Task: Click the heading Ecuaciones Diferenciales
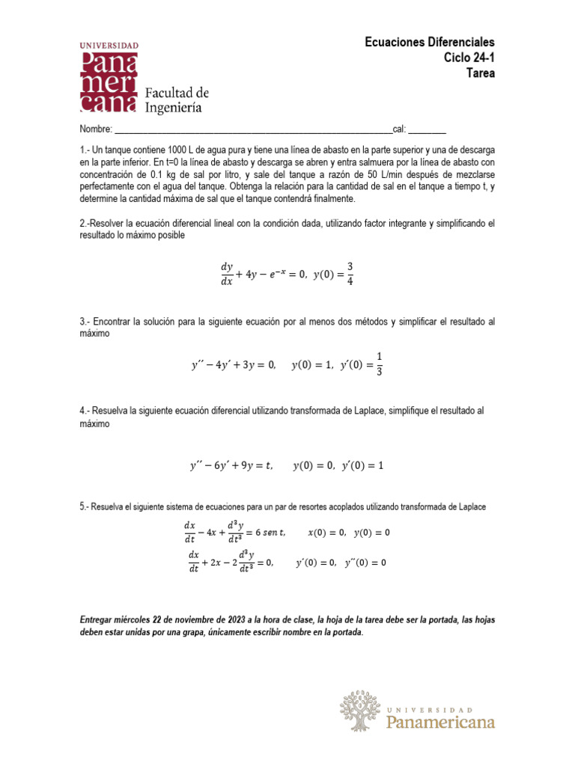[x=430, y=42]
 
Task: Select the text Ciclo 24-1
[x=469, y=58]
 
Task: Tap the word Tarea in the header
[x=480, y=73]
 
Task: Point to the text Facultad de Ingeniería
[x=176, y=100]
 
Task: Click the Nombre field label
[x=95, y=129]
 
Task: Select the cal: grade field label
[x=400, y=129]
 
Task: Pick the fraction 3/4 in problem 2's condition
[x=350, y=273]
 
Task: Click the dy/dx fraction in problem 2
[x=227, y=274]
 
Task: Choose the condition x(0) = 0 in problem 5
[x=327, y=533]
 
